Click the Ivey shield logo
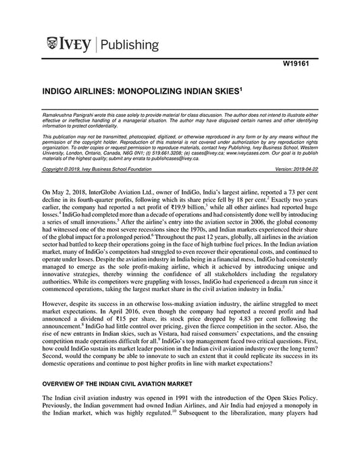(53, 45)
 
